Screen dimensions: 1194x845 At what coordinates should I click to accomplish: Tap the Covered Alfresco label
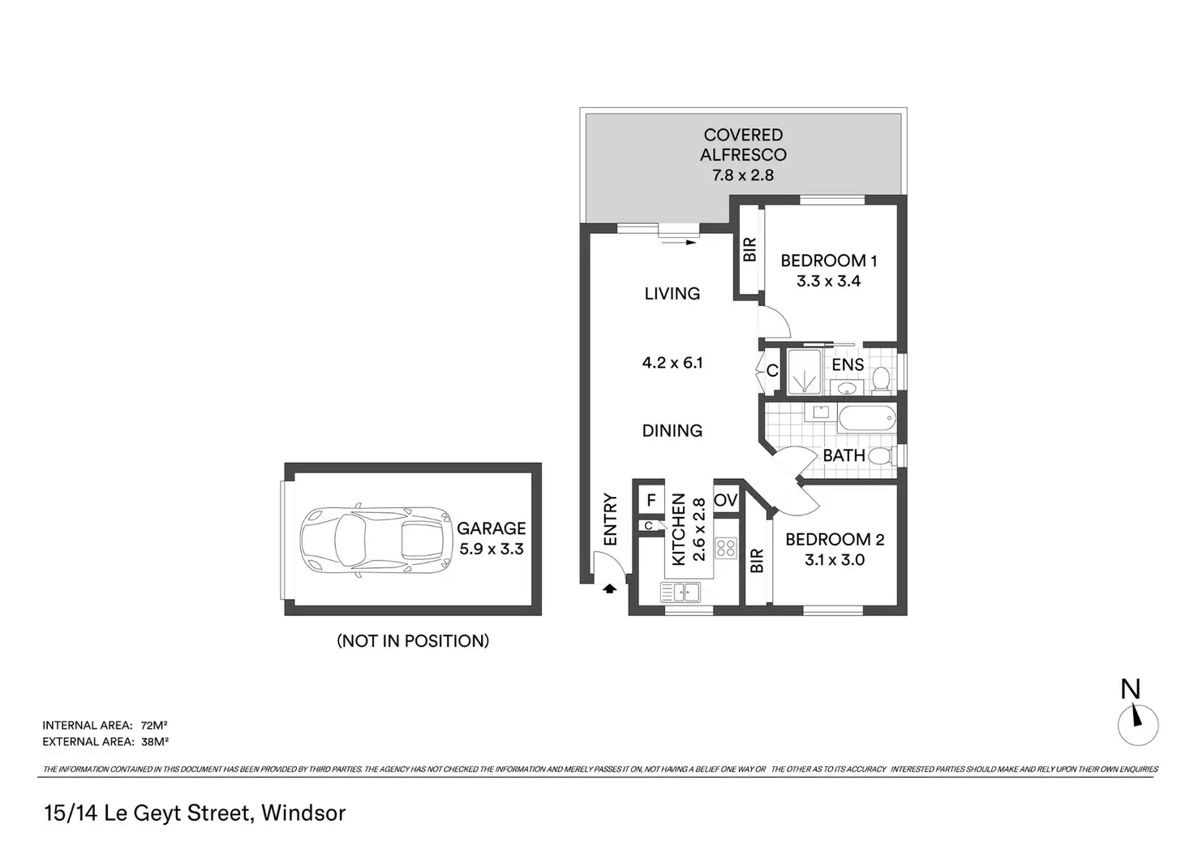click(743, 154)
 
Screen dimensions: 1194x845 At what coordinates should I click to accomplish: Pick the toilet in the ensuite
click(881, 378)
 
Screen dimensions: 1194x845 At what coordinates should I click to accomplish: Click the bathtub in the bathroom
click(866, 419)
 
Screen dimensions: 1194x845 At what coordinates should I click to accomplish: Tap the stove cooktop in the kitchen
click(725, 548)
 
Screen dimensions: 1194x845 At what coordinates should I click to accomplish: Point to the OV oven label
click(725, 500)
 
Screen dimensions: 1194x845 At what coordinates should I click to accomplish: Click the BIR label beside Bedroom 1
click(749, 249)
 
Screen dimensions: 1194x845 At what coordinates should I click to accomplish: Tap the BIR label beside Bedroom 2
click(757, 561)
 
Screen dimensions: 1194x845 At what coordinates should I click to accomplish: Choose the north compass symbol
click(1137, 722)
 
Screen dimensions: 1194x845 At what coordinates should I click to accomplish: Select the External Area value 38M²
click(154, 741)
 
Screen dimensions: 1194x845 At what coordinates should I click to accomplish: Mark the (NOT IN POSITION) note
click(413, 640)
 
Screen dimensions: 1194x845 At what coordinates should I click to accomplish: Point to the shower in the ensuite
click(805, 373)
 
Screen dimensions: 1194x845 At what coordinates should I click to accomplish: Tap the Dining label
click(672, 430)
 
